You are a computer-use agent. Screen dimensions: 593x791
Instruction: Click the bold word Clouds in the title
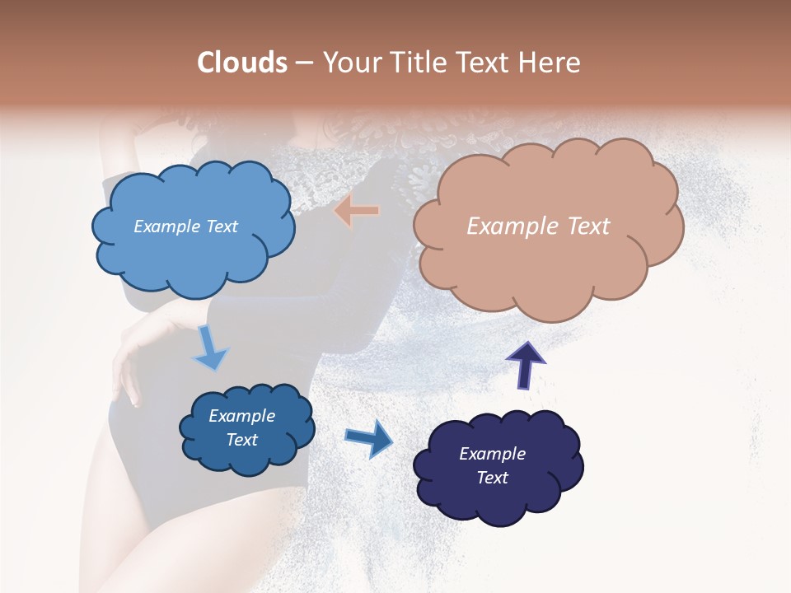[242, 63]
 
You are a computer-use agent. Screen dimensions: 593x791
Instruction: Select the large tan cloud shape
[548, 226]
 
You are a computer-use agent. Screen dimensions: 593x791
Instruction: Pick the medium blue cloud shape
[247, 428]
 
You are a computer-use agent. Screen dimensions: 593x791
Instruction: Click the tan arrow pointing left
[357, 211]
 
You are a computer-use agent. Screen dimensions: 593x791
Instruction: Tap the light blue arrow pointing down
[209, 348]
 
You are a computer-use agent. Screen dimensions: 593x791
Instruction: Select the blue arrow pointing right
[368, 437]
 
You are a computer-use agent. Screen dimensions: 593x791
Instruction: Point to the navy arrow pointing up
[525, 363]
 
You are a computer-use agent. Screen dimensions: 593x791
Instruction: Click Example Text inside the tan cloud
[538, 226]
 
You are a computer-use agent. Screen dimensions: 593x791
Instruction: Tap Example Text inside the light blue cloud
[185, 226]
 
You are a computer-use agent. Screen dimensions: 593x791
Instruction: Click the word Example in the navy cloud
[492, 454]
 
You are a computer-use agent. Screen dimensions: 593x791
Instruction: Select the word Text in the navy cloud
[492, 478]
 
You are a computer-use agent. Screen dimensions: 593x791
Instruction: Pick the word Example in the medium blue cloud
[241, 416]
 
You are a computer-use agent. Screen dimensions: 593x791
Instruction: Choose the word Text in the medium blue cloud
[241, 440]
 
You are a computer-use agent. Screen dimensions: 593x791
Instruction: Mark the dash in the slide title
[303, 63]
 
